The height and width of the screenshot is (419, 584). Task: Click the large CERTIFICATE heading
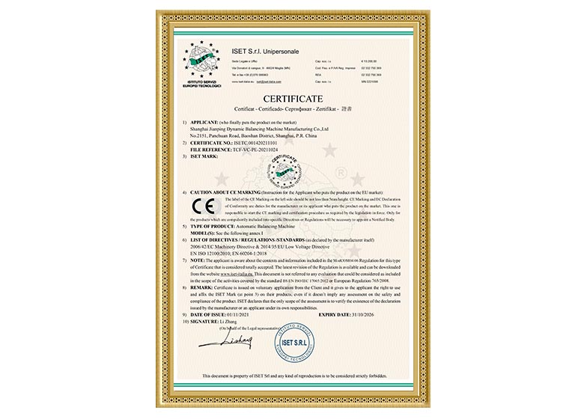tap(292, 98)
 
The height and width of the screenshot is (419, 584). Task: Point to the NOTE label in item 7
tap(197, 258)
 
